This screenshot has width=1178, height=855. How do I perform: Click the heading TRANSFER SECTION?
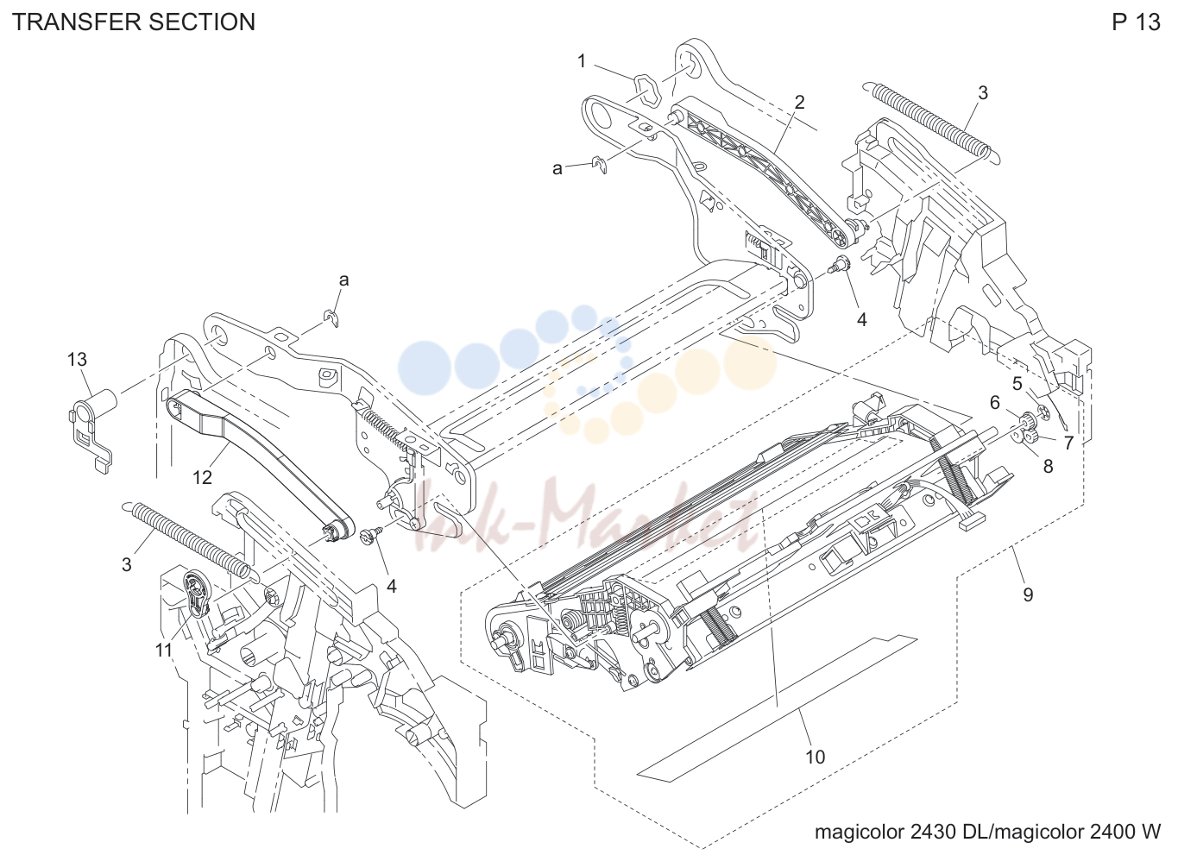[134, 22]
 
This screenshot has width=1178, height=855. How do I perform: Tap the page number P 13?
[1136, 22]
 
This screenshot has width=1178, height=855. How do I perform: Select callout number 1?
[582, 61]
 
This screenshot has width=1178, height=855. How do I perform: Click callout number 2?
[799, 102]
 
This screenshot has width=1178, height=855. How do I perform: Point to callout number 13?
[77, 360]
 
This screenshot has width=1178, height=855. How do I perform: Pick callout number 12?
[202, 477]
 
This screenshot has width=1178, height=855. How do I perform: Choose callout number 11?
[164, 651]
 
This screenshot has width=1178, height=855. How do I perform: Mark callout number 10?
[816, 758]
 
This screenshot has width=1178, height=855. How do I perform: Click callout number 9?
[1028, 594]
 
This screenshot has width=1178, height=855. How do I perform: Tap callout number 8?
[1048, 467]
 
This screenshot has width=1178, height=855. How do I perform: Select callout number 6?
[995, 403]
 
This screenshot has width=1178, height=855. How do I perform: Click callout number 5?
[1017, 384]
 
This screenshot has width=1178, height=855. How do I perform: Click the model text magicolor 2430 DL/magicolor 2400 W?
[987, 832]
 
